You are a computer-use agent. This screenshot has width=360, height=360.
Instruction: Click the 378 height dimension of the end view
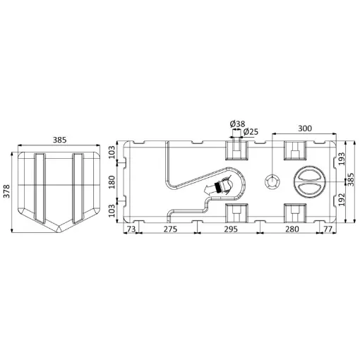tap(7, 191)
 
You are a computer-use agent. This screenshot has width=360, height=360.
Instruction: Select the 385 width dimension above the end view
tap(59, 140)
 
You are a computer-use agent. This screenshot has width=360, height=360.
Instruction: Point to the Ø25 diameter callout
tap(251, 132)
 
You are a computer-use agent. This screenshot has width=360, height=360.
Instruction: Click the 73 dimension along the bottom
tap(131, 229)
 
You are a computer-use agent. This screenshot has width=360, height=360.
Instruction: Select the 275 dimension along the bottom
tap(170, 229)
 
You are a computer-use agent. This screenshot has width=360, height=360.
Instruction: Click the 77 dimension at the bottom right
tap(328, 229)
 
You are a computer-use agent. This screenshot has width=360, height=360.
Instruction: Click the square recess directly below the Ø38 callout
tap(236, 150)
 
